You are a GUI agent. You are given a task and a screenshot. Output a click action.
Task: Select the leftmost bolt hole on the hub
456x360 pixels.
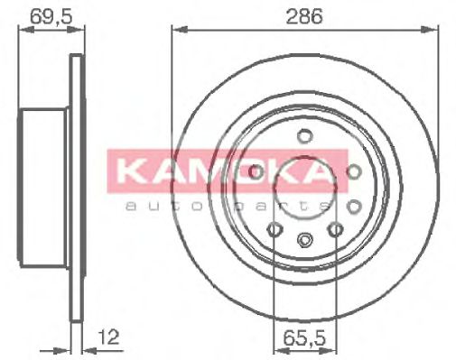pyautogui.click(x=256, y=171)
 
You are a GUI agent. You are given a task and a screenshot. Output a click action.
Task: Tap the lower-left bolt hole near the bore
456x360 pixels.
pyautogui.click(x=273, y=229)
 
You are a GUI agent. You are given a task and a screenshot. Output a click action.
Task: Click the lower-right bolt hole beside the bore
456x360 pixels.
pyautogui.click(x=336, y=230)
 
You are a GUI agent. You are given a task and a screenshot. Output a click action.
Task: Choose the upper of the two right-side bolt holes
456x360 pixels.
pyautogui.click(x=353, y=171)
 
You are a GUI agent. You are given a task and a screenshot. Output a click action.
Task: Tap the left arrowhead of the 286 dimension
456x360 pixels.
pyautogui.click(x=177, y=30)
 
